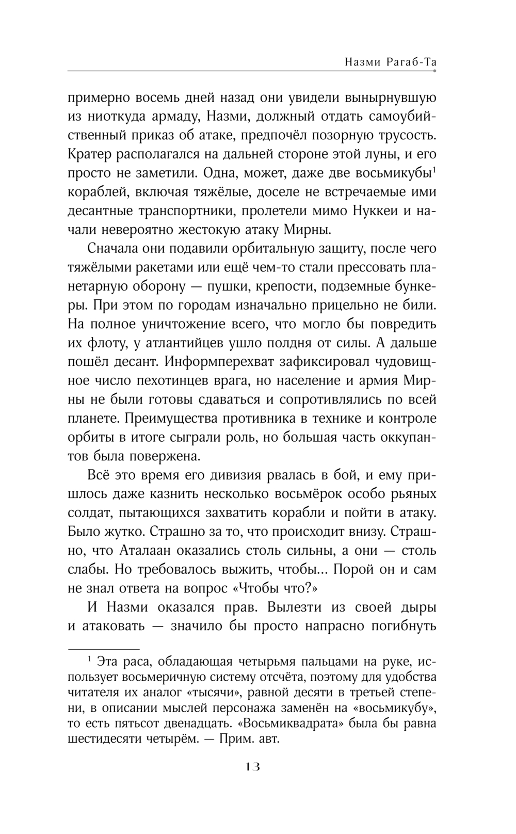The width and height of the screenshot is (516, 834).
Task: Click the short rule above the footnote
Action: pos(104,648)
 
